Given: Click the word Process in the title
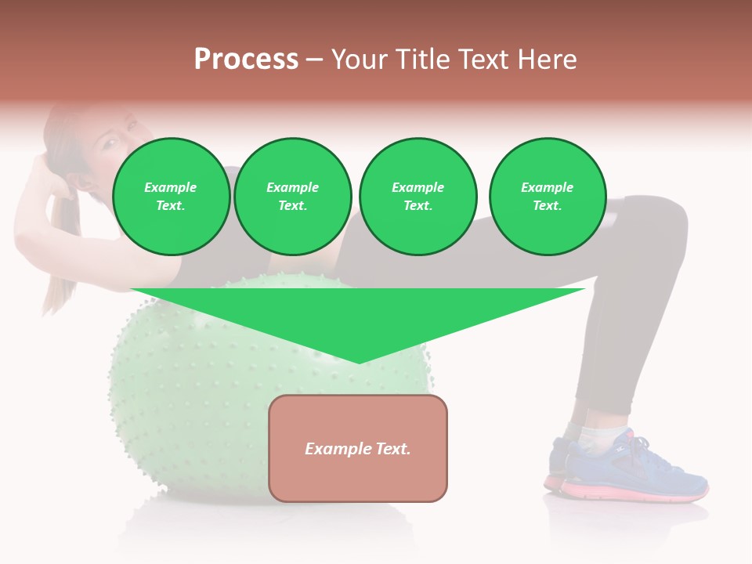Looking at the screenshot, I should [246, 60].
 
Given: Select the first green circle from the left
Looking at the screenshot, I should [171, 197].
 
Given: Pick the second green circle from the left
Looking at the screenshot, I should [293, 197].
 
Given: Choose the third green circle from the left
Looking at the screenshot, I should [418, 197].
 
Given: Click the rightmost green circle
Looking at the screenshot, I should [548, 197].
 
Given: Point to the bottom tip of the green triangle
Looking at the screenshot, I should [359, 362].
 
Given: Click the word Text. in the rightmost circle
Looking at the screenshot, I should [548, 205].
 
